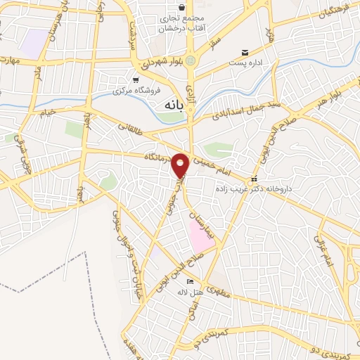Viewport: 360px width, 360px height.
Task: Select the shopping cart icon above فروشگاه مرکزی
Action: click(x=136, y=79)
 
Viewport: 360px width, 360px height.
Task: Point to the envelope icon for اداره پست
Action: click(x=245, y=52)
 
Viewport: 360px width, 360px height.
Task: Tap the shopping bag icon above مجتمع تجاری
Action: click(x=182, y=7)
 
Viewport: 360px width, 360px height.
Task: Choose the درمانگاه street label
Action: click(x=157, y=156)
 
